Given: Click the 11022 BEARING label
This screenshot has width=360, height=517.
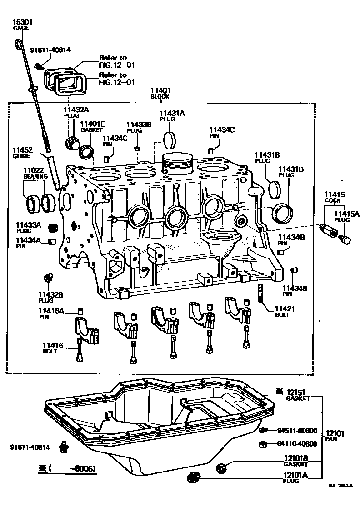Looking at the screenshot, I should [x=33, y=173].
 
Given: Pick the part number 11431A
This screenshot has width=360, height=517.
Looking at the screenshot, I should [x=171, y=113].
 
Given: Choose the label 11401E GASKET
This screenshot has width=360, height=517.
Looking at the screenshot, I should [x=92, y=126].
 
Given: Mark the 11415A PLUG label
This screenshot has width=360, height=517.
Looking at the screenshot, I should [x=344, y=215].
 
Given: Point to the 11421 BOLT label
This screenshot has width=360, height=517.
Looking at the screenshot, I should [x=285, y=312].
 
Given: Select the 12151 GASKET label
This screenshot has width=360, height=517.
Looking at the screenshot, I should [x=298, y=395].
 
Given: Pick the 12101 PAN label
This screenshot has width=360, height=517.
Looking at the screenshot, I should [x=335, y=436].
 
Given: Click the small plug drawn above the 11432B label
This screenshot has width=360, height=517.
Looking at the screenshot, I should [x=47, y=277].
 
